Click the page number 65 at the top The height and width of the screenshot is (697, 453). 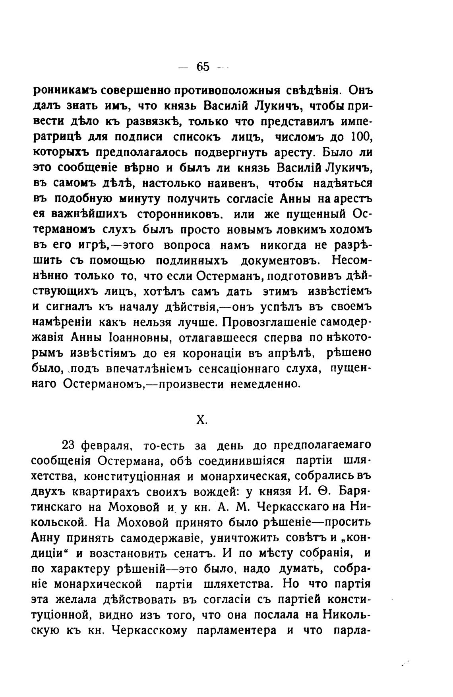click(x=202, y=67)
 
